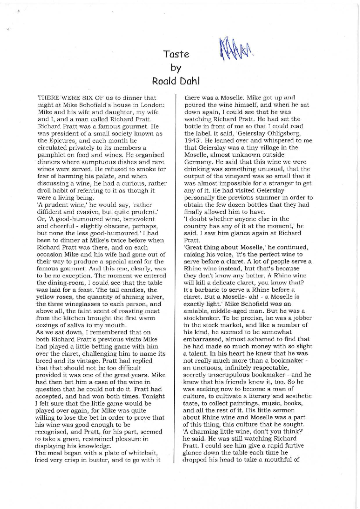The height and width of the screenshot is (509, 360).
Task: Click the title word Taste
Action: click(176, 54)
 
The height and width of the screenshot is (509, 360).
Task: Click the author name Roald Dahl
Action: click(176, 81)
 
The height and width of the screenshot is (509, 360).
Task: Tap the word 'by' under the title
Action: click(176, 68)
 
